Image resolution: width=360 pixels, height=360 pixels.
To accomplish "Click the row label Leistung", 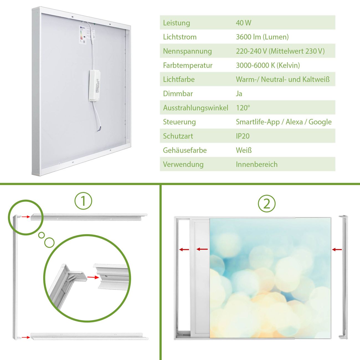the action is (176, 23).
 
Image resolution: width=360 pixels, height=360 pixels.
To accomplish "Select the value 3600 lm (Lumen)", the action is (262, 37).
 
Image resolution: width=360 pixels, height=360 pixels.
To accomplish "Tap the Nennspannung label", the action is (187, 51).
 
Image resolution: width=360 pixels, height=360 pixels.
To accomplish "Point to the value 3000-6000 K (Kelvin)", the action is (268, 65).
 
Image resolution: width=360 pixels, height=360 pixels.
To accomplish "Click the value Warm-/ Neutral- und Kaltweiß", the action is (282, 79).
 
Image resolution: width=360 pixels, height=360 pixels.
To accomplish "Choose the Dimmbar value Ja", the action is (239, 94).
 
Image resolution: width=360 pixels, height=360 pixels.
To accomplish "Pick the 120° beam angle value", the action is (243, 108).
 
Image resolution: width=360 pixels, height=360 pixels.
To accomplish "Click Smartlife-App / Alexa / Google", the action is (284, 122).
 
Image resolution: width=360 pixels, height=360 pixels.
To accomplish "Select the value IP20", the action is (243, 136).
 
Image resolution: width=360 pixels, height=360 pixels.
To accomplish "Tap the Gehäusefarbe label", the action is (185, 150).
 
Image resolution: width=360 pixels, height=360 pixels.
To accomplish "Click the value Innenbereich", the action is (256, 164).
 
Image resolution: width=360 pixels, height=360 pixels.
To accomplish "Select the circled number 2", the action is (267, 204).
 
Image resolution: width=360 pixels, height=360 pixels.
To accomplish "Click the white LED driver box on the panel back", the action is (94, 86).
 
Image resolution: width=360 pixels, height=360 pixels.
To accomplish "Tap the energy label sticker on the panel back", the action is (83, 35).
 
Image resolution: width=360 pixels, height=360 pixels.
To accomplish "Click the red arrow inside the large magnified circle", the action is (93, 277).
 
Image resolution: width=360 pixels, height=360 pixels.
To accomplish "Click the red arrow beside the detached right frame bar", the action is (337, 250).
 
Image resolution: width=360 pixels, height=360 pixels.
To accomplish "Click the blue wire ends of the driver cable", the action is (99, 129).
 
